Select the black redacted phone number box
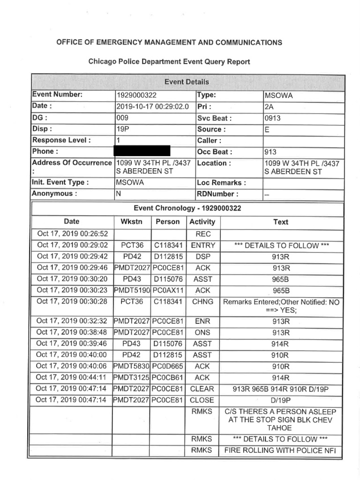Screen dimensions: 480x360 pos(142,151)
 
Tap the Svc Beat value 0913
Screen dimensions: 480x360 pos(273,118)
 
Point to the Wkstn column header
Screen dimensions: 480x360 pos(131,222)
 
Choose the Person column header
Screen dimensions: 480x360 pos(168,222)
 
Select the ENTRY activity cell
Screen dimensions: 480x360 pos(203,245)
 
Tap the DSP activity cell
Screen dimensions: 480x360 pos(203,256)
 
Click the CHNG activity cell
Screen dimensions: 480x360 pos(203,302)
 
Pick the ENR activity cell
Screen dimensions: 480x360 pos(203,322)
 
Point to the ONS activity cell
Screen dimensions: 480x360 pos(203,333)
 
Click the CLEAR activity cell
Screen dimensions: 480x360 pos(202,389)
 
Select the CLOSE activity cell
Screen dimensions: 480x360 pos(202,400)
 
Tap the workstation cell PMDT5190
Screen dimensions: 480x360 pos(132,290)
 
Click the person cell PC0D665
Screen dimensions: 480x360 pos(168,366)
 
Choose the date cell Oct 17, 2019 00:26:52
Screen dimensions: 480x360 pos(73,233)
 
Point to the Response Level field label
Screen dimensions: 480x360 pos(61,140)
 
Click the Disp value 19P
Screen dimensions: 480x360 pos(122,129)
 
